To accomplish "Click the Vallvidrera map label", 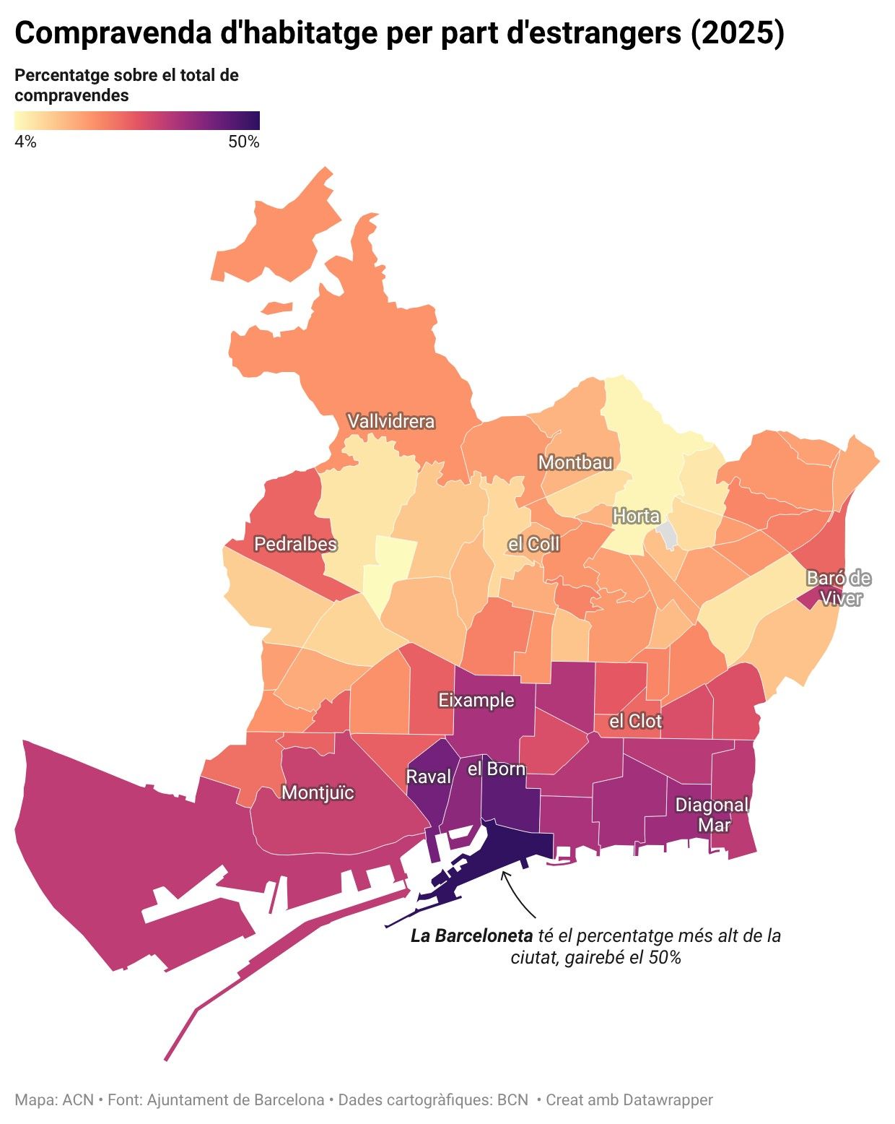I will [390, 421].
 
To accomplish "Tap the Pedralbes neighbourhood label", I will [295, 544].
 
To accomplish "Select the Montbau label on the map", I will [575, 462].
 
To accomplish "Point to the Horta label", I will [636, 516].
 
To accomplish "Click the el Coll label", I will [533, 544].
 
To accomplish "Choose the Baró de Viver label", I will [839, 588].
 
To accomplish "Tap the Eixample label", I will [476, 700].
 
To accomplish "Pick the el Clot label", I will [635, 721].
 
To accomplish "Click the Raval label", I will [429, 777].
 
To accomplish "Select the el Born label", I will [497, 769].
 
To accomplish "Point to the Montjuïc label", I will [318, 792].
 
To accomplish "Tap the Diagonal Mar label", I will [712, 815].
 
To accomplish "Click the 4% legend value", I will [25, 142].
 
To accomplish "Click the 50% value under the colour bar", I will [244, 142].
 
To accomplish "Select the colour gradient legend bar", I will [137, 121].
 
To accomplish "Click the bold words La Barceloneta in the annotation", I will [471, 935].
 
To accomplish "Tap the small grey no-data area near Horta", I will [668, 535].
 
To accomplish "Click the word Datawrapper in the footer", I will [667, 1099].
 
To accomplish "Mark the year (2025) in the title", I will [737, 33].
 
